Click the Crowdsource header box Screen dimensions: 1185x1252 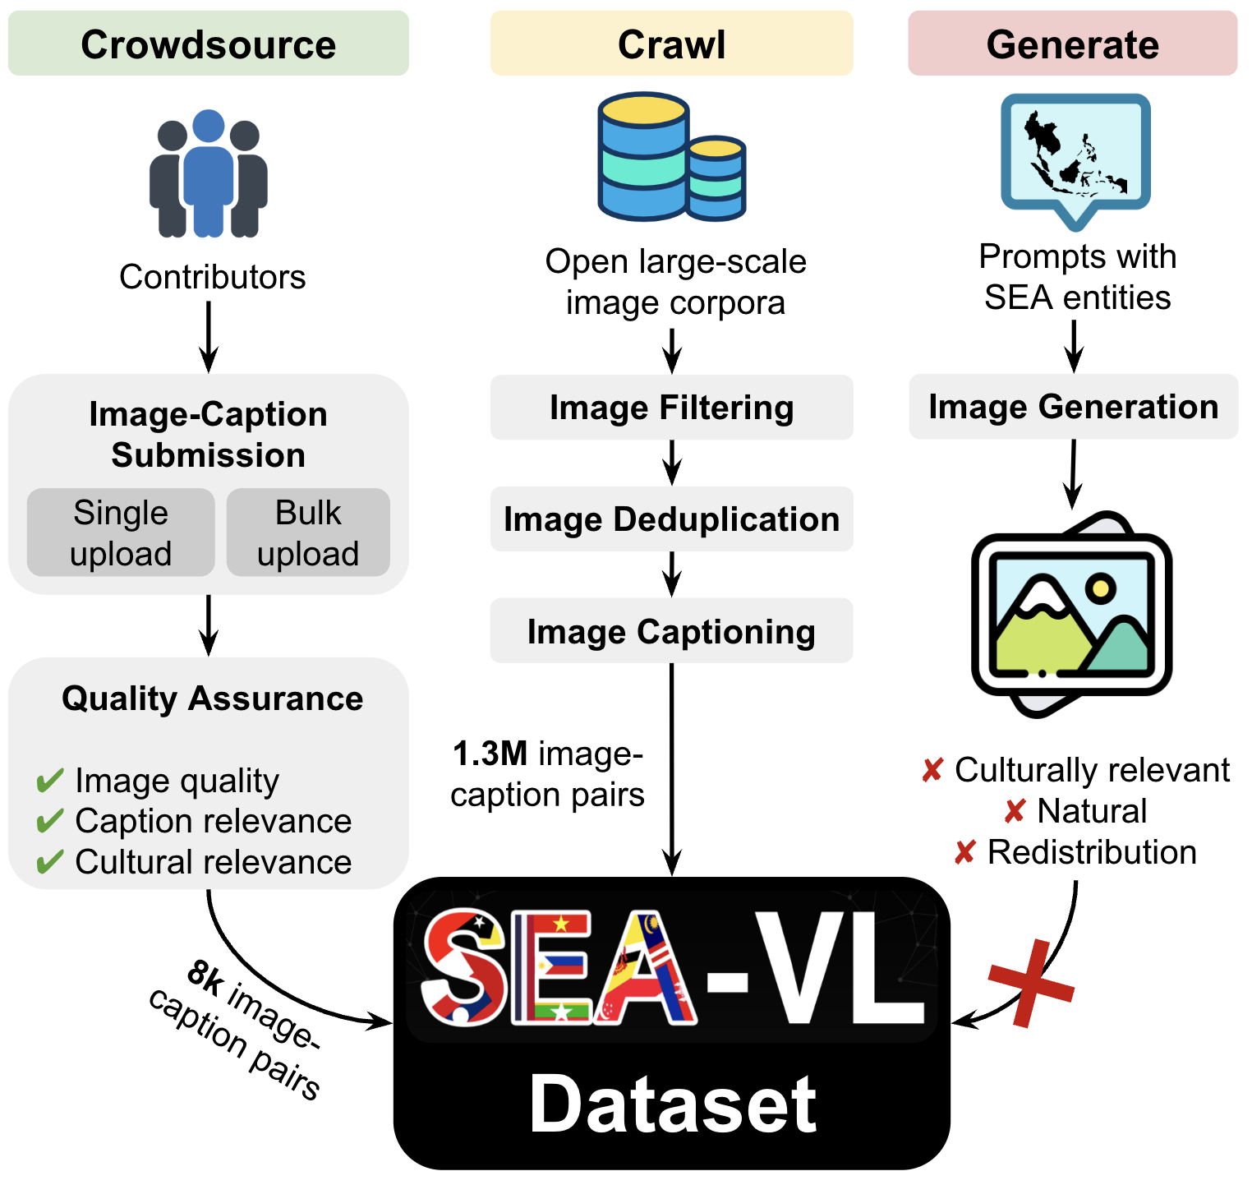coord(208,44)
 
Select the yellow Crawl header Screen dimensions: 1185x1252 coord(671,44)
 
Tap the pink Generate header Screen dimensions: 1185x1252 coord(1072,44)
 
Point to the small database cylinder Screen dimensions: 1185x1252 coord(716,178)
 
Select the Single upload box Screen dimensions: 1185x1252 coord(121,533)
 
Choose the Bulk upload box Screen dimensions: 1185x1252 coord(308,533)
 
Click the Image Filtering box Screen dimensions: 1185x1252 coord(671,408)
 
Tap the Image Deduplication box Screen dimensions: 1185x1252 coord(671,519)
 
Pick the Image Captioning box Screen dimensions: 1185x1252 coord(671,631)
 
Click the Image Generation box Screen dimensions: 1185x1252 coord(1073,407)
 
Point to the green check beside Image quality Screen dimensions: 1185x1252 coord(50,781)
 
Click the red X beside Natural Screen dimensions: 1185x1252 coord(1015,812)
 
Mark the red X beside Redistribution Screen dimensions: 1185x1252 coord(965,852)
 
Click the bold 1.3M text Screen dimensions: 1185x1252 coord(490,754)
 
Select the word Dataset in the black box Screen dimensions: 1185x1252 coord(672,1104)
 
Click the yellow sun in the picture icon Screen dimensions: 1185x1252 coord(1099,588)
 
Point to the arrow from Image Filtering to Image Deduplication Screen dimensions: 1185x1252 coord(672,463)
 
